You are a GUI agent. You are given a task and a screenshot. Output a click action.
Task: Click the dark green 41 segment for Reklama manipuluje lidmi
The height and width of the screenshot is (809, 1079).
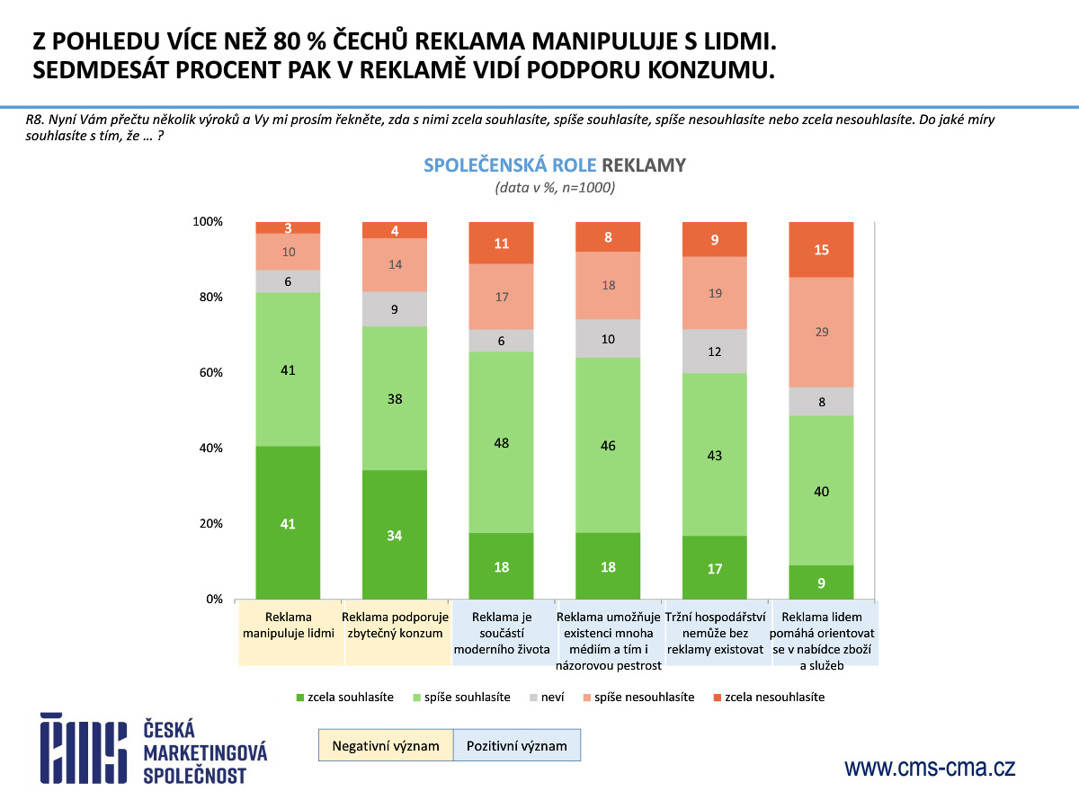(x=288, y=522)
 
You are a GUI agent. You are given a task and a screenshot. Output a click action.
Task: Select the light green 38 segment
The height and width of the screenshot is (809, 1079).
(x=395, y=398)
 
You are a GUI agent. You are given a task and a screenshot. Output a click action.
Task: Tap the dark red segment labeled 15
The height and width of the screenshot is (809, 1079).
(x=821, y=250)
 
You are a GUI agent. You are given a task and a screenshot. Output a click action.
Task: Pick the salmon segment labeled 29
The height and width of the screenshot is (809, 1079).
(x=821, y=333)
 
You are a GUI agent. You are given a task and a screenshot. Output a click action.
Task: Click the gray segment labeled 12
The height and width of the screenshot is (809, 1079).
(x=715, y=351)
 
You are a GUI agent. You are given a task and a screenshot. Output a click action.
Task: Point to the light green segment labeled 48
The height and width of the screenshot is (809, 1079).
(x=501, y=442)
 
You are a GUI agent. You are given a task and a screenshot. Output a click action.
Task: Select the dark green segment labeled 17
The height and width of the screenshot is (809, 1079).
(x=715, y=567)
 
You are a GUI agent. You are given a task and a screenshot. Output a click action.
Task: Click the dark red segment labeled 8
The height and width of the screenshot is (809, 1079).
(x=608, y=237)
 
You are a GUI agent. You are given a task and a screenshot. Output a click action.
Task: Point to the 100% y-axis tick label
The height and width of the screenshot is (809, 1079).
(x=208, y=222)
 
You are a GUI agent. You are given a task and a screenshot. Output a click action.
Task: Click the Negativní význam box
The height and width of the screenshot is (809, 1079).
(x=385, y=745)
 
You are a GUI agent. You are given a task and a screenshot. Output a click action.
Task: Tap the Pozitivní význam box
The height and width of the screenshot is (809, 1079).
(x=516, y=745)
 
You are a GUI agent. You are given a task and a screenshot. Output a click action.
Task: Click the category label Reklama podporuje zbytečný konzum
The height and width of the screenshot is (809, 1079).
(x=395, y=625)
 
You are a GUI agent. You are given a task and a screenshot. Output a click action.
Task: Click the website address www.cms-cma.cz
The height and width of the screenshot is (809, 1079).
(x=930, y=768)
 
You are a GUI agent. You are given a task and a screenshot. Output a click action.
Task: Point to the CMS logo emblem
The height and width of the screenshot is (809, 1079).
(x=82, y=748)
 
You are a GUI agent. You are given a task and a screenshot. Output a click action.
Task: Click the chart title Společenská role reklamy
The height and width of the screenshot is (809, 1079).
(x=554, y=165)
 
